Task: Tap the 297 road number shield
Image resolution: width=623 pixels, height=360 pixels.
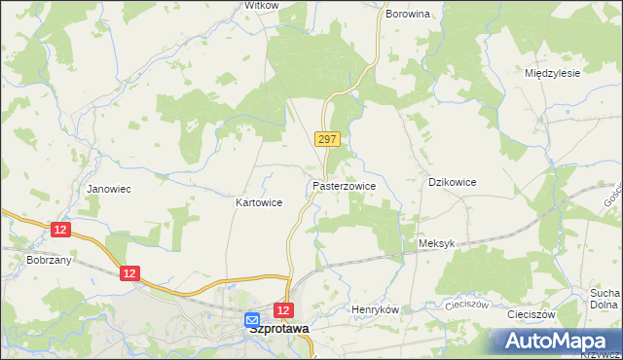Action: (x=327, y=140)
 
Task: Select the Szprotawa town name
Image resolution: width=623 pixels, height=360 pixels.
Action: (x=278, y=329)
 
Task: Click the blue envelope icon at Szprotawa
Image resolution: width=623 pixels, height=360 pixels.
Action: (x=251, y=319)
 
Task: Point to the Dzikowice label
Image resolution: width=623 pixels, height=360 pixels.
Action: (x=453, y=182)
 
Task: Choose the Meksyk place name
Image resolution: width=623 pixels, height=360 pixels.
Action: (x=435, y=244)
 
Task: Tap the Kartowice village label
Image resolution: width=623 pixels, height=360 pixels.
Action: (x=259, y=203)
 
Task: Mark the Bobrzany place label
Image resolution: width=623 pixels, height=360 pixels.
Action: (x=47, y=263)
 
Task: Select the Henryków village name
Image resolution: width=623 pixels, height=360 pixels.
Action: (x=376, y=309)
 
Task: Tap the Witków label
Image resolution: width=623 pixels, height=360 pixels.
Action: (x=261, y=5)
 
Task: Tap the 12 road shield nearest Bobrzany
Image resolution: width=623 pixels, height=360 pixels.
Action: (x=61, y=229)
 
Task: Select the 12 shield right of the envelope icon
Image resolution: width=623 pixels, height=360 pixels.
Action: (x=282, y=310)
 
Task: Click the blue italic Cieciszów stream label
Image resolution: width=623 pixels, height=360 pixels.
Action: (x=466, y=304)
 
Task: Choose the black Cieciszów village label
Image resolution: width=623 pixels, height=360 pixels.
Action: (x=531, y=315)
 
